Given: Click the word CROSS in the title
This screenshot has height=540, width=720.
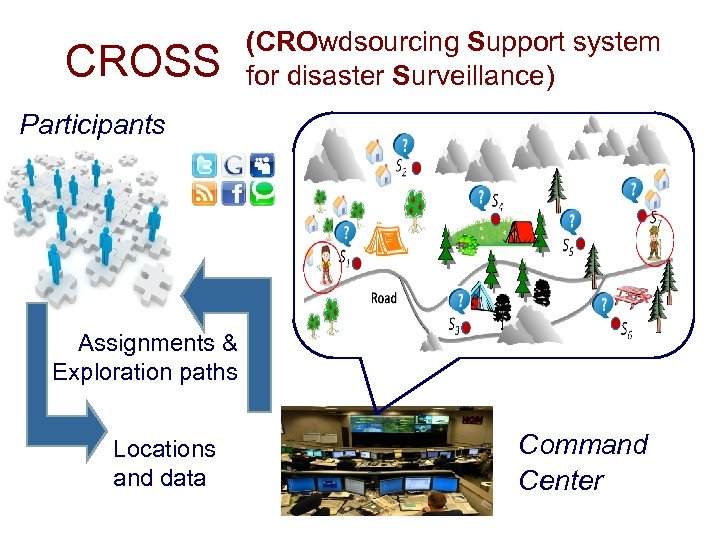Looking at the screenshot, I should [x=142, y=62].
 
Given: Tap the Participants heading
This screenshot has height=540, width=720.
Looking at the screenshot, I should [x=93, y=125].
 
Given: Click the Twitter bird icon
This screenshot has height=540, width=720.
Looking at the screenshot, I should [x=204, y=167].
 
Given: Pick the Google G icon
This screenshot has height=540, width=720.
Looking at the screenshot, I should [x=234, y=167].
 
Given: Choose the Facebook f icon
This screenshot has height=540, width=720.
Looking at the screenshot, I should [x=234, y=193].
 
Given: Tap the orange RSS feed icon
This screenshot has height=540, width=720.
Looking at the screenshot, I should [x=204, y=193].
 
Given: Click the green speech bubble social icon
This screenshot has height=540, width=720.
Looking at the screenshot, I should [x=263, y=193].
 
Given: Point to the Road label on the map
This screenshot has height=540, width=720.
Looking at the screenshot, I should [x=383, y=298].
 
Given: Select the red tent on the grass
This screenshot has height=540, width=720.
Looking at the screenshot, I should [x=519, y=232].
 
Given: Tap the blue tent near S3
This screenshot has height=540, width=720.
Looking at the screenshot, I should [x=480, y=297].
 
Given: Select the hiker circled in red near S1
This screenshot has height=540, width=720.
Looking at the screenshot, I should [x=325, y=264].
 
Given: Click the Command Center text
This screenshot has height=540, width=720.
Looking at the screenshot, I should [x=583, y=462].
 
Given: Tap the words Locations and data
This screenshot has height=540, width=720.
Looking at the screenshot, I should [x=164, y=463].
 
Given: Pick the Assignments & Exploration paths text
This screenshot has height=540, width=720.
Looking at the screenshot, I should [x=146, y=358].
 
